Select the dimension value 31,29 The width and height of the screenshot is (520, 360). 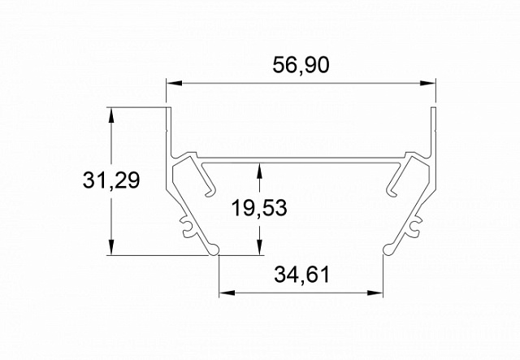[x=111, y=180]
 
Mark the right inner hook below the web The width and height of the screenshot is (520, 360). [x=392, y=184]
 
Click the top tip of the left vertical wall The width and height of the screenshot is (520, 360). [x=169, y=109]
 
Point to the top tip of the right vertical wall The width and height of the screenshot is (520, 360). [x=434, y=109]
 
